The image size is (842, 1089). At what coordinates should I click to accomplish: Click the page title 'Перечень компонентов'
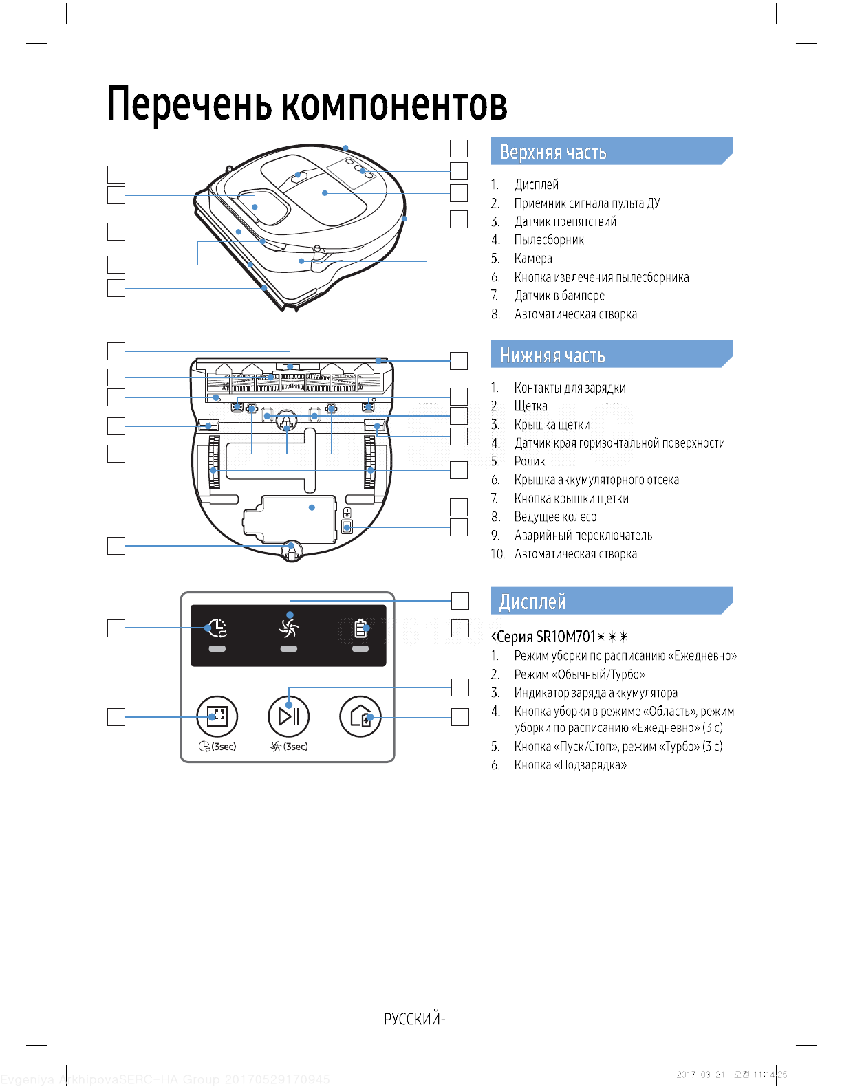307,104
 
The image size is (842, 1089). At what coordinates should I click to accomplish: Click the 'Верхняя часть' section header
553,152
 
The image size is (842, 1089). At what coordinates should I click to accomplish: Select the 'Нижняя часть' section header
552,355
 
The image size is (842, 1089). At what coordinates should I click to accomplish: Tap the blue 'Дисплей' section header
533,602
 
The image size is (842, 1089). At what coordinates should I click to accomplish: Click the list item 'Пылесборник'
549,240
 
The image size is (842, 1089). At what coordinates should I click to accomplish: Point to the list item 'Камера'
533,258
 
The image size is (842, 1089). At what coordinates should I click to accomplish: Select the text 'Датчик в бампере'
559,296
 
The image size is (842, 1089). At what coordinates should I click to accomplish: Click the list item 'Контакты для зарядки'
570,388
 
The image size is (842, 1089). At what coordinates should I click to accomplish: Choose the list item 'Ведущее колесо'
555,517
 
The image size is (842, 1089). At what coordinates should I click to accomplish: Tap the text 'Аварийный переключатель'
583,536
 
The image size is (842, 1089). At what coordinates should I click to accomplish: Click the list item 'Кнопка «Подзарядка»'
570,765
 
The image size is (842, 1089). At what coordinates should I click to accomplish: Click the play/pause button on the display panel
289,716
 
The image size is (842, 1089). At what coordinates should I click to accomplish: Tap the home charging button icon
360,716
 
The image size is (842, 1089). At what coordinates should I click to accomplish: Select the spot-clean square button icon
217,716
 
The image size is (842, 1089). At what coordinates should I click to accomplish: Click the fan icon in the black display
289,627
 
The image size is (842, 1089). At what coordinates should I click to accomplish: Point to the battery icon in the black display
360,628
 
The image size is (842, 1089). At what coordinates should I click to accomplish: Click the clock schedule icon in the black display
217,627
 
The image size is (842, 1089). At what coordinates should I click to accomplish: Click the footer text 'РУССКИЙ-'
415,1019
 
